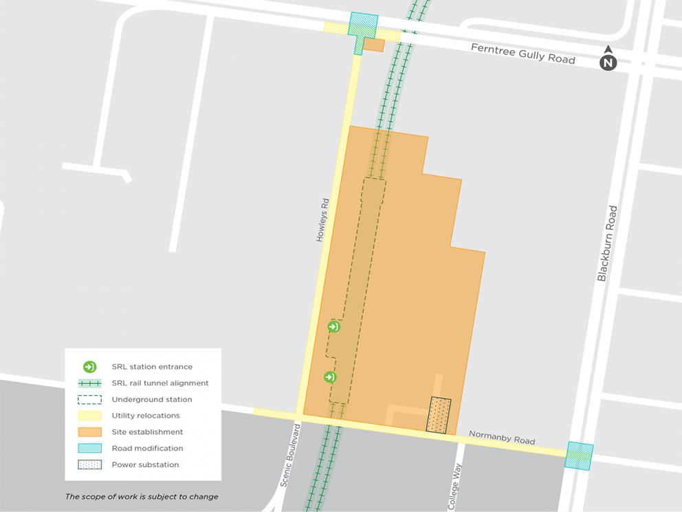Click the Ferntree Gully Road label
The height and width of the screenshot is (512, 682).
click(x=522, y=54)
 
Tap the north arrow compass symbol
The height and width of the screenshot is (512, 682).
click(x=608, y=61)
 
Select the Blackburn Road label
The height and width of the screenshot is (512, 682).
click(x=603, y=244)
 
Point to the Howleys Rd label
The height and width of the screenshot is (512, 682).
click(x=322, y=220)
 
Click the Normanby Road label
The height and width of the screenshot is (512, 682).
click(x=501, y=438)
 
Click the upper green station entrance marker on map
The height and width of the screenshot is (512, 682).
click(x=333, y=327)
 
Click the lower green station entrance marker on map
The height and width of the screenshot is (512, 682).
click(x=330, y=377)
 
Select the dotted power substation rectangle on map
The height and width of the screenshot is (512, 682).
click(x=439, y=416)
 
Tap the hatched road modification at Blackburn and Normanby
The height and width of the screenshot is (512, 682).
click(x=579, y=456)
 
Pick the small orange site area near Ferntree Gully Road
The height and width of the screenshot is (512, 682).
click(x=373, y=45)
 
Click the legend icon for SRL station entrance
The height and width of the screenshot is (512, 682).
click(x=90, y=367)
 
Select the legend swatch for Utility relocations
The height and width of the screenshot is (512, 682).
click(x=90, y=416)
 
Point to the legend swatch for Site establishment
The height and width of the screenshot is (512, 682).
click(x=90, y=432)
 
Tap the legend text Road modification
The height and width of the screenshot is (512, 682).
click(x=147, y=448)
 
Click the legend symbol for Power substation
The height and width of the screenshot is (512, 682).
click(x=90, y=465)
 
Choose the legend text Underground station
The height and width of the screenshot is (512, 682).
click(x=152, y=399)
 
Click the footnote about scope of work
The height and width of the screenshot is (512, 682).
click(x=142, y=496)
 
